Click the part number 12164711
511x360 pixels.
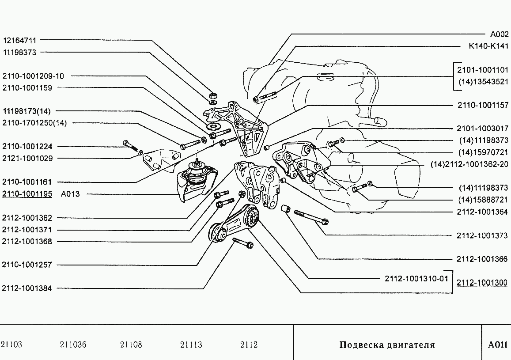pos(19,41)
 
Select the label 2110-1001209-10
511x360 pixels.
pos(33,76)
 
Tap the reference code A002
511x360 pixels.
pos(499,34)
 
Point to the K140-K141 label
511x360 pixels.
pos(488,46)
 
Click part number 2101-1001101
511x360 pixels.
pos(483,70)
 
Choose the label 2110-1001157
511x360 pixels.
pos(483,105)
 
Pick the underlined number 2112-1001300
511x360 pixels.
pos(482,282)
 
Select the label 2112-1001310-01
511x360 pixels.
pos(416,279)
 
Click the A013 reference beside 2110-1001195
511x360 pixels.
pos(70,194)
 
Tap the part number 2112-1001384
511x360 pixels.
pos(27,288)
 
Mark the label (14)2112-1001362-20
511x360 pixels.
pos(469,164)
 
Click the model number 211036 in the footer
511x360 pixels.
pos(73,345)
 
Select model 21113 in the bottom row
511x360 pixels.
pos(191,345)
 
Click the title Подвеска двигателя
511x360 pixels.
pos(387,345)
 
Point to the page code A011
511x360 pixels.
pos(498,345)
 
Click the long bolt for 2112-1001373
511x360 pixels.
pos(311,217)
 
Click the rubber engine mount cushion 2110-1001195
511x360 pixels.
pos(196,182)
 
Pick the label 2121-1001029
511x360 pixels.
pos(27,158)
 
